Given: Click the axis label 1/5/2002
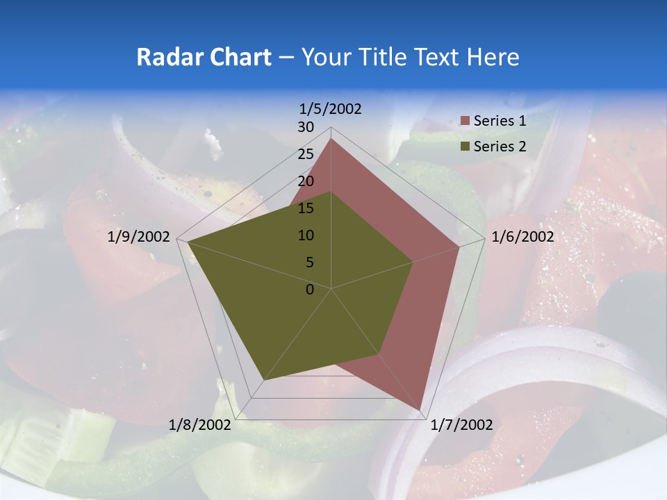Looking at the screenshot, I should (x=331, y=109).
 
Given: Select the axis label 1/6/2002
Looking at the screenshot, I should (x=522, y=237).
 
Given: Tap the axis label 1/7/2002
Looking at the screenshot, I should (x=461, y=425).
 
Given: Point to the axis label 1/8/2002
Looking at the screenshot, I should (x=200, y=425).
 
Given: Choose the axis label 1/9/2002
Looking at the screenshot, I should (x=139, y=237).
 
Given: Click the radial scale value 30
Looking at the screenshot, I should (x=306, y=127).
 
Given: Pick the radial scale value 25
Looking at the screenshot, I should (x=306, y=154).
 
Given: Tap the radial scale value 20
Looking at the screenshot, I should (x=306, y=181).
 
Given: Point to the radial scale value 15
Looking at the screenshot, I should (x=306, y=208).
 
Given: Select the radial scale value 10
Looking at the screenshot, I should (x=306, y=235).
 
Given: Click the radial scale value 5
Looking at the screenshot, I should (x=310, y=262).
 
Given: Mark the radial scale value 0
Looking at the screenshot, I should (x=310, y=290).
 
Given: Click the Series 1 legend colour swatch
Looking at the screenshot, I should (x=466, y=121).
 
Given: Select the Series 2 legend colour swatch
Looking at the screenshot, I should (x=466, y=147).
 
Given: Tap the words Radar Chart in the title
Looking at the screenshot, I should (x=204, y=57).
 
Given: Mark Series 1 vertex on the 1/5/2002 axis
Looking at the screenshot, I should (x=331, y=139).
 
